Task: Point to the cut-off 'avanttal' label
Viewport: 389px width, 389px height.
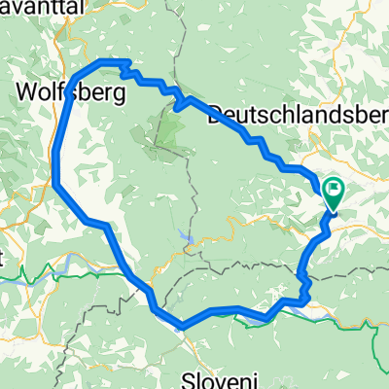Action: coord(30,9)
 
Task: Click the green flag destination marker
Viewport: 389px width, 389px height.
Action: coord(335,194)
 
